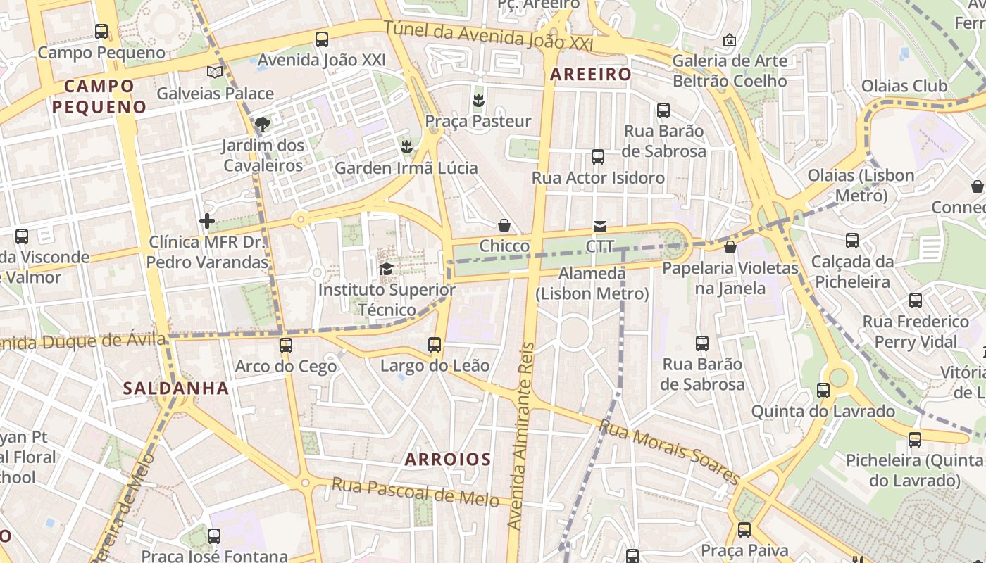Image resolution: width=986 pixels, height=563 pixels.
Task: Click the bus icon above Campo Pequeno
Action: point(101,32)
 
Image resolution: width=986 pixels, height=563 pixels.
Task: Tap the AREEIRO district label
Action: point(591,75)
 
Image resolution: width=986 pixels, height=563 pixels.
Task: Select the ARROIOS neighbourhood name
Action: point(447,460)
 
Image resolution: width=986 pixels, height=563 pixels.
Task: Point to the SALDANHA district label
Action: point(175,388)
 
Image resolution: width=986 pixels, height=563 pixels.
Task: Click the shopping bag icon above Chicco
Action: point(504,225)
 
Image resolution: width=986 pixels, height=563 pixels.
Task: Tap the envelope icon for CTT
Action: point(599,226)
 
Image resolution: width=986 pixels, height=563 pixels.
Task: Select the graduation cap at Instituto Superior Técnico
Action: point(386,269)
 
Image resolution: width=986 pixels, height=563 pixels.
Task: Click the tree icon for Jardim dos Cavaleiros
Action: point(263,125)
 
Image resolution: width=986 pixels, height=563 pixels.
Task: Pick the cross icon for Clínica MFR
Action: point(207,221)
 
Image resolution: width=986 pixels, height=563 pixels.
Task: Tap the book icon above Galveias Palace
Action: point(215,72)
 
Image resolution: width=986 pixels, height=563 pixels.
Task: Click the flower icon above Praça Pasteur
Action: point(478,100)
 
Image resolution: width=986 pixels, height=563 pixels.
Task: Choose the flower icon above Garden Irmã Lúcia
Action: point(406,147)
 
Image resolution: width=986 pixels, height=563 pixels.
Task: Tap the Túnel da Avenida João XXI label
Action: point(489,37)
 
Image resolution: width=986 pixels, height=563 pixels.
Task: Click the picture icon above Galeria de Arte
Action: point(729,40)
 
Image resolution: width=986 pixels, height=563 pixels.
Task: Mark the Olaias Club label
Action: point(904,87)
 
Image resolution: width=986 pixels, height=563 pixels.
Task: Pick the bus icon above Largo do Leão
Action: point(435,345)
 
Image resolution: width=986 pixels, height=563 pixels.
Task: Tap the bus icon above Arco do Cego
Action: point(285,346)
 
